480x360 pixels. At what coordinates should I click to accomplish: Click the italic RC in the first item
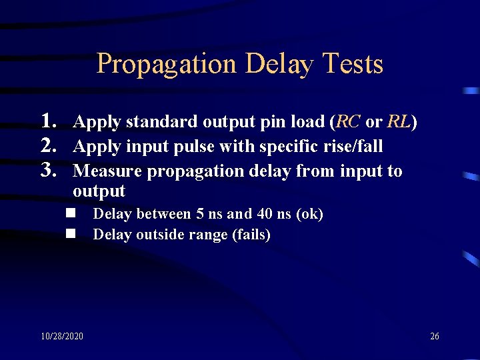(x=349, y=122)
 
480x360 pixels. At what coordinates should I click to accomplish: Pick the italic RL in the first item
(x=399, y=122)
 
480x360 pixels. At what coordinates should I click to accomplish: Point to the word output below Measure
(x=99, y=191)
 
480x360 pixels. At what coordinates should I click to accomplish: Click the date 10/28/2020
(x=62, y=336)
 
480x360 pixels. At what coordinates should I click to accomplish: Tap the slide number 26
(x=434, y=336)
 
